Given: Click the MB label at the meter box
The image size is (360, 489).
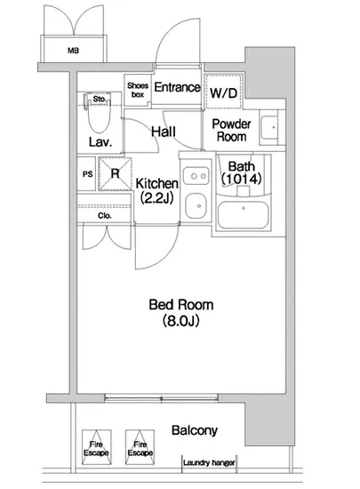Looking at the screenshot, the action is [73, 50].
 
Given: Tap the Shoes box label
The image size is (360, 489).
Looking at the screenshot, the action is [138, 90].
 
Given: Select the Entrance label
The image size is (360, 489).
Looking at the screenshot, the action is [178, 87].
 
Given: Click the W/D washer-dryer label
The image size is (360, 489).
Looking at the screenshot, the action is [223, 92].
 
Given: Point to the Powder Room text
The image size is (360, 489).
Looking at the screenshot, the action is [232, 131].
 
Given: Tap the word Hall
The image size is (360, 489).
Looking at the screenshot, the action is [164, 132].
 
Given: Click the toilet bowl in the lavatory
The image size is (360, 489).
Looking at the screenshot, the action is [100, 116].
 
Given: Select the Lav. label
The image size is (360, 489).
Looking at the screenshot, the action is [100, 142].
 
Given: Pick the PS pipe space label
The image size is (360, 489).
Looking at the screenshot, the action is [88, 174].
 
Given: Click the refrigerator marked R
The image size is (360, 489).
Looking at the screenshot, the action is [115, 173].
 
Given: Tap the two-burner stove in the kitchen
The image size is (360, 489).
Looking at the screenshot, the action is [196, 176].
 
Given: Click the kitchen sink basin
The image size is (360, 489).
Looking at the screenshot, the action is [196, 206].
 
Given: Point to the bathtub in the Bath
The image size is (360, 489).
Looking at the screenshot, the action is [244, 215].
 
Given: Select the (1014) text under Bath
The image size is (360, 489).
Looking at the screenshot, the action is [241, 179].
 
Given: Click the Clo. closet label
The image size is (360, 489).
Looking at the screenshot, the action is [105, 215].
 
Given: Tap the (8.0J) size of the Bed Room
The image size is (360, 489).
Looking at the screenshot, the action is [180, 321].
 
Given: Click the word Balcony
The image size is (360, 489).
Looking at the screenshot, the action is [195, 430].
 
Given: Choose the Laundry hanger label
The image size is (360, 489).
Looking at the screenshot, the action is [209, 462].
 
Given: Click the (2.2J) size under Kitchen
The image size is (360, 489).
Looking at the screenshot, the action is [156, 197].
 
